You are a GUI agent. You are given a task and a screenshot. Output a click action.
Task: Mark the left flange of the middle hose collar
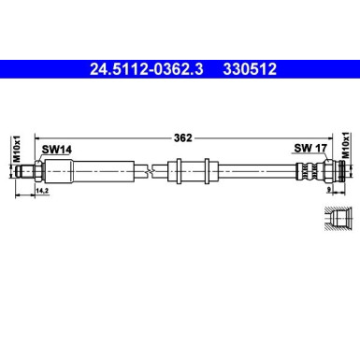pos(175,171)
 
